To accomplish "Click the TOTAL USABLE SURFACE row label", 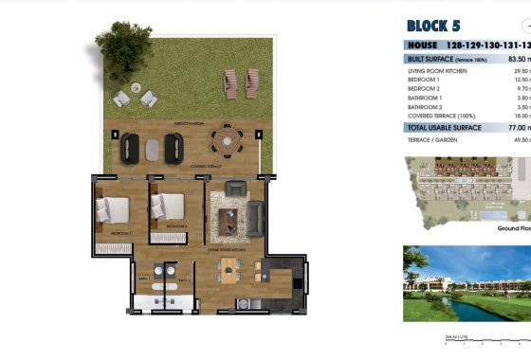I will (444, 126).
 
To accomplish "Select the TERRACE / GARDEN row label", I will (432, 139).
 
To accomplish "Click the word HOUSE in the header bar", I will (422, 45).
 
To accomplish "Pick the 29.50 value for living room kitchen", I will (518, 70).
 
